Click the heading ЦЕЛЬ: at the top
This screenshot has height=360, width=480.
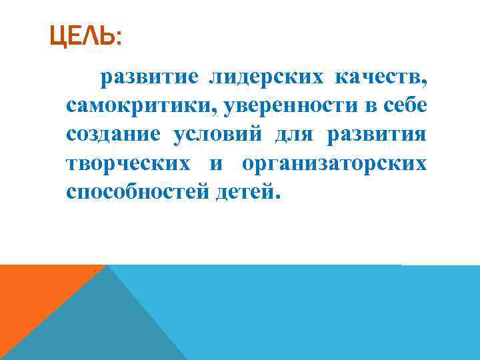(x=85, y=37)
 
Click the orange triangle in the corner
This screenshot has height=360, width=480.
(x=33, y=293)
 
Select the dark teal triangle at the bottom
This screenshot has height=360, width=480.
(x=100, y=327)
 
